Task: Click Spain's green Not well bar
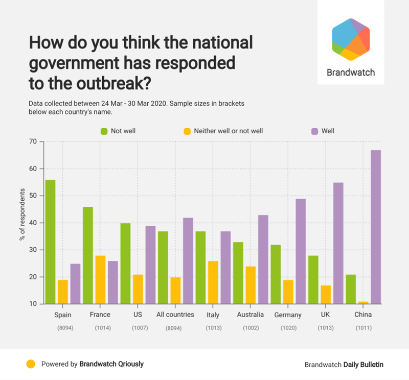tap(50, 242)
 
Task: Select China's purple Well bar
tap(376, 227)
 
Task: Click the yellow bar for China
tap(363, 303)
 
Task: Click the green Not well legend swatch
tap(104, 131)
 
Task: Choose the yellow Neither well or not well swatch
tap(187, 131)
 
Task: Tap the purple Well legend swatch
tap(314, 131)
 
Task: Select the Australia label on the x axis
tap(250, 315)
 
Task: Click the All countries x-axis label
tap(175, 315)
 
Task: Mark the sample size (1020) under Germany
tap(288, 327)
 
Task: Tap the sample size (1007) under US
tap(138, 327)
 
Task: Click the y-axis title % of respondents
tap(22, 215)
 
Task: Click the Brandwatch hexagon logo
tap(350, 39)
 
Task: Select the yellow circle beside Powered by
tap(31, 364)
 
